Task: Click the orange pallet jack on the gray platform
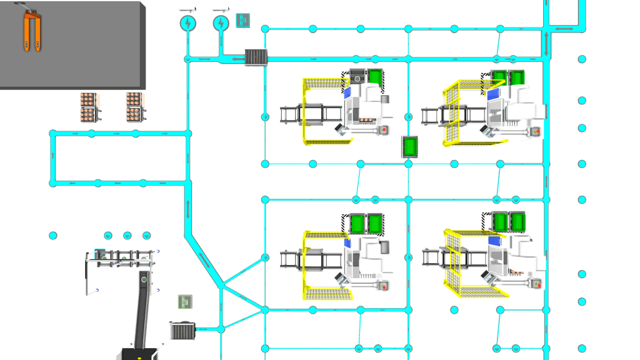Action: [32, 31]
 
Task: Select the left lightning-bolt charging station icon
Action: [187, 24]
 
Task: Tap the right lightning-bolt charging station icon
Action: [221, 24]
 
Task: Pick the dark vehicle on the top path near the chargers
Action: [256, 57]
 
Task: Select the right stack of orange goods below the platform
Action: [135, 107]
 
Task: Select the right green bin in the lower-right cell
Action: [518, 221]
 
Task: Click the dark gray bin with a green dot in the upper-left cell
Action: [357, 78]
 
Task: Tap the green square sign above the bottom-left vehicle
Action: [184, 302]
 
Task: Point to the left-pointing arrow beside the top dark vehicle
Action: [236, 59]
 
